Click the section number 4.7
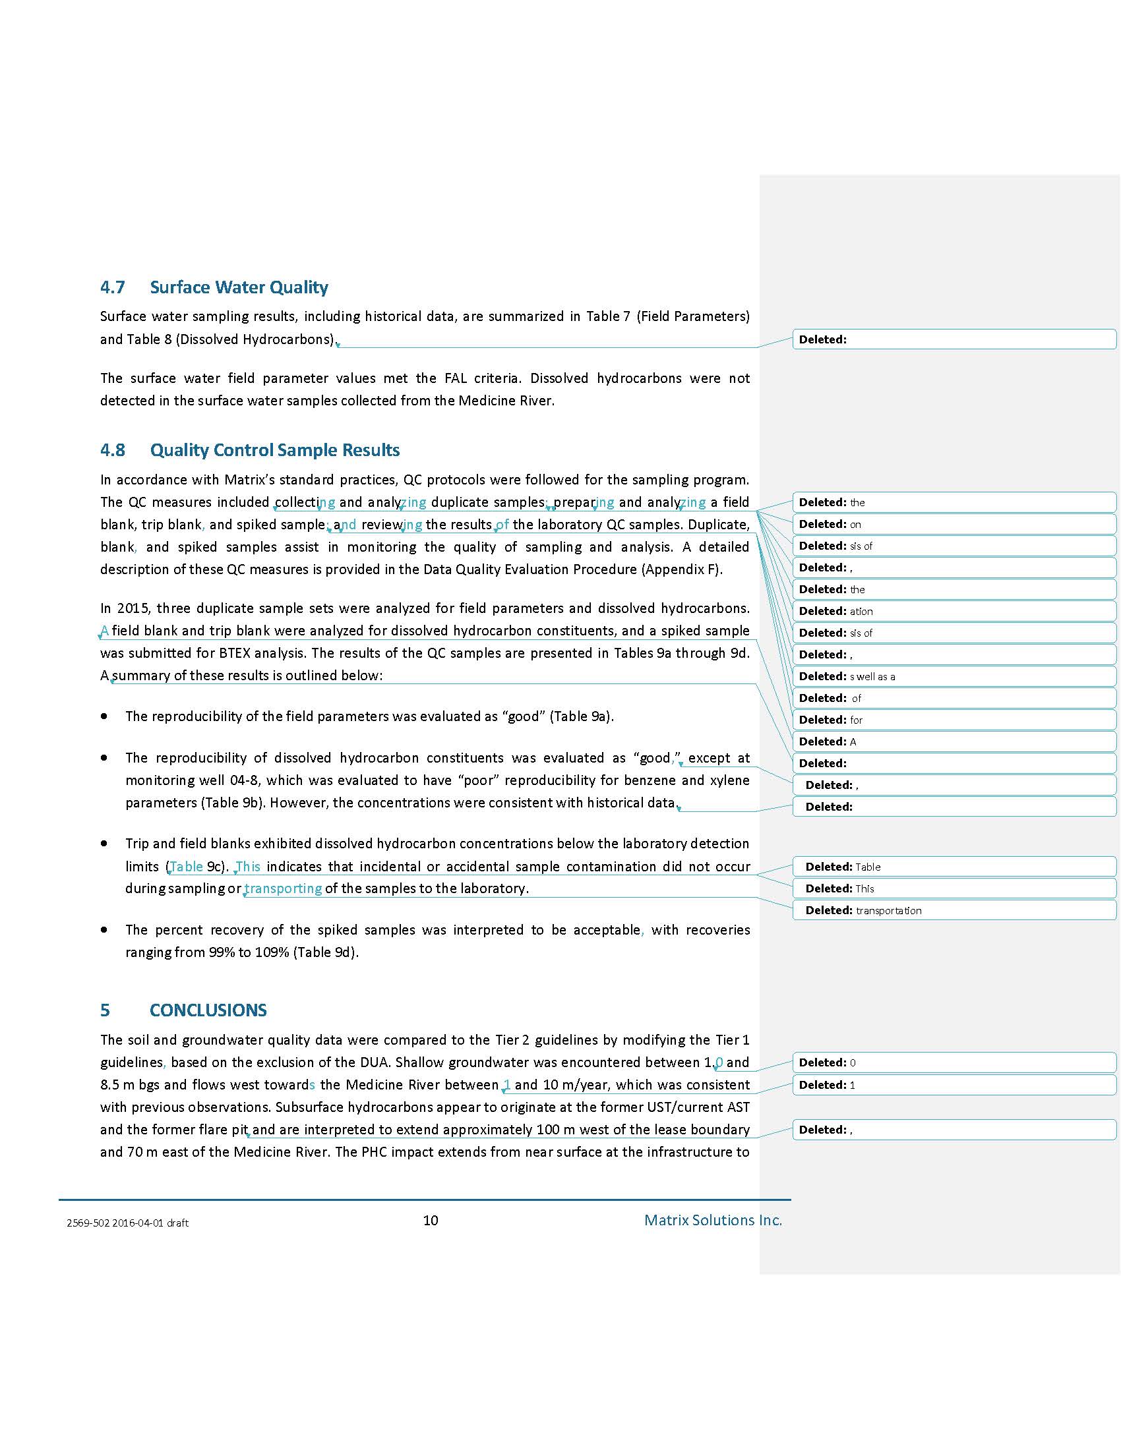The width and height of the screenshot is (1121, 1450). coord(112,287)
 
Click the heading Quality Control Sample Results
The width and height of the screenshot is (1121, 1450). coord(274,450)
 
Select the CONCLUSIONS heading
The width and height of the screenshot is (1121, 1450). coord(208,1010)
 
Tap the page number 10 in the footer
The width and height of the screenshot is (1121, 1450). coord(431,1220)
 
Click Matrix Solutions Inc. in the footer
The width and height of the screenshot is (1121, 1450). coord(713,1220)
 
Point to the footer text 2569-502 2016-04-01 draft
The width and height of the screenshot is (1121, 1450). coord(127,1223)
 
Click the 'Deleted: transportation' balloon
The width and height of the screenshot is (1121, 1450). coord(954,910)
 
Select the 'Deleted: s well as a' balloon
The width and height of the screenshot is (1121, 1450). coord(954,676)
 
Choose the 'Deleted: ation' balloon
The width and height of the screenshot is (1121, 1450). coord(954,612)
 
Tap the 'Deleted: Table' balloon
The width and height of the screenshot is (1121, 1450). coord(954,867)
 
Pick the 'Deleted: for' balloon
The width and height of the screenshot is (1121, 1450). coord(954,720)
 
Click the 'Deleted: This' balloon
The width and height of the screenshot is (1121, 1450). coord(954,888)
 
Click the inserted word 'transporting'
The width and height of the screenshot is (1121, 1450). coord(284,888)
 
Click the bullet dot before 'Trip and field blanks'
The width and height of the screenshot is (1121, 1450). coord(104,843)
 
